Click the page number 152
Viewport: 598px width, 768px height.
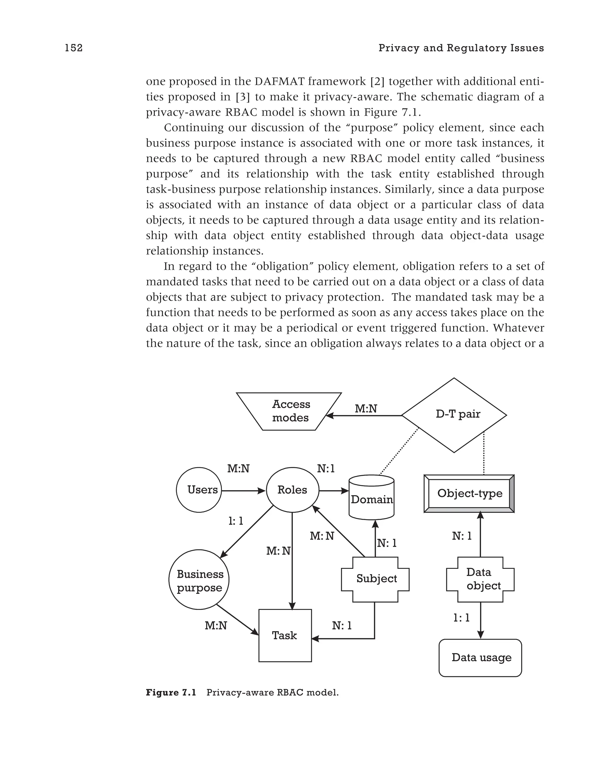click(x=74, y=48)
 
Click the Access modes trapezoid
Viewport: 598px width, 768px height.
click(x=289, y=411)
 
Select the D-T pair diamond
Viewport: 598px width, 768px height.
click(x=454, y=415)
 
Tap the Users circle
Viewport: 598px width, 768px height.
click(x=199, y=490)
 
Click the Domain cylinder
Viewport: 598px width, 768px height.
click(x=371, y=499)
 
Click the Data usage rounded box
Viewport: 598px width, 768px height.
click(x=480, y=657)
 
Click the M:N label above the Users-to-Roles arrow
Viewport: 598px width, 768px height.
click(x=238, y=469)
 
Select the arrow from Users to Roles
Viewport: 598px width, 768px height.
click(x=243, y=491)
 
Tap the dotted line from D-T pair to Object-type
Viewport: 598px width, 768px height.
click(x=484, y=454)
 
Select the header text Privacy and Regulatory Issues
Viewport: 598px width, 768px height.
click(x=461, y=48)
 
